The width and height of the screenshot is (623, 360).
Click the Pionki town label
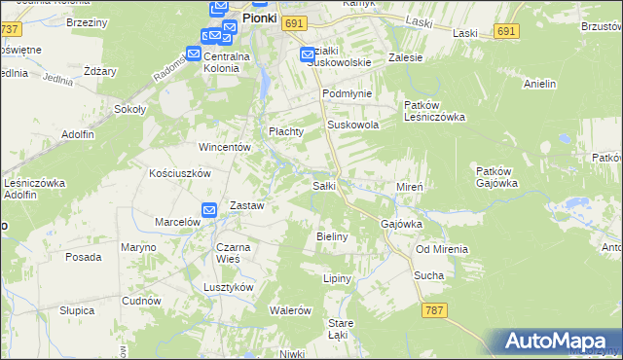[x=261, y=18]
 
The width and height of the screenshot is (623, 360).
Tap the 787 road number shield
[x=436, y=309]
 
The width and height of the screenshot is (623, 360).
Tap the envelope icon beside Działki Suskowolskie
[x=308, y=54]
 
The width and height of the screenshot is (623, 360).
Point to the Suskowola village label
[x=352, y=126]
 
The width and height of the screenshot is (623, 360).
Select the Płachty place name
[x=287, y=131]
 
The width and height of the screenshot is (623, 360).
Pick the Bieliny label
[x=334, y=236]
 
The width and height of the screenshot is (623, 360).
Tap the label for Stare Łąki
[x=340, y=328]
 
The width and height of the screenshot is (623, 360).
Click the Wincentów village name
[x=226, y=147]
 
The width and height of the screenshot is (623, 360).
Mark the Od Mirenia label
[x=442, y=249]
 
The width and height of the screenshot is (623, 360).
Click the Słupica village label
[x=76, y=310]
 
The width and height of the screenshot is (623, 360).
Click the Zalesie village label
[x=405, y=57]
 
